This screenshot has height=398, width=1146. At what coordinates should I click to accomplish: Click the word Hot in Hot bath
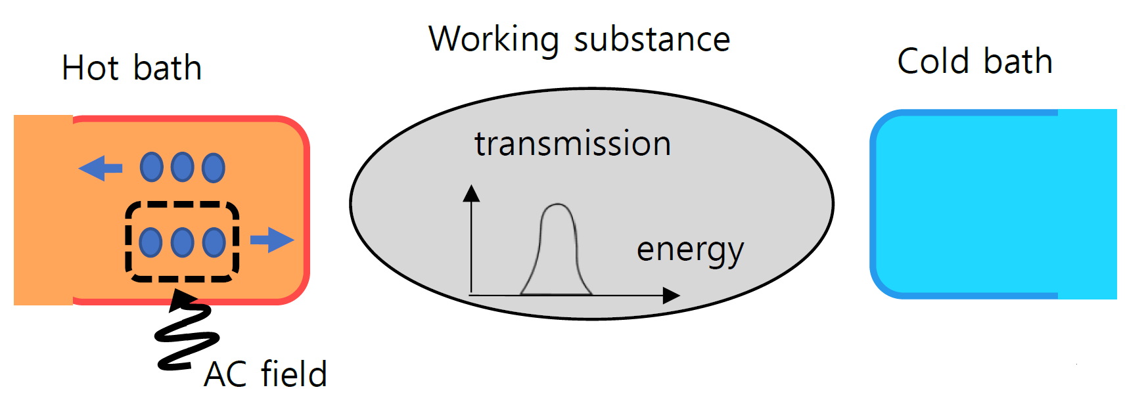click(91, 68)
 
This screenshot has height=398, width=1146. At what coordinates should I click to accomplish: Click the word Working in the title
click(494, 39)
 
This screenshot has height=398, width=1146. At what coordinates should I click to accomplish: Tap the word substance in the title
click(652, 39)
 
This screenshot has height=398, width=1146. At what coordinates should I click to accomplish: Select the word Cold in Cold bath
click(933, 62)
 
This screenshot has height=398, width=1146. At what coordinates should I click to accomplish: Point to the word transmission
click(572, 144)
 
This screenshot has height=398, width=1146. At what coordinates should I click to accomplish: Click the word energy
click(690, 250)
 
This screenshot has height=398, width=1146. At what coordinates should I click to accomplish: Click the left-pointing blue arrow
click(100, 168)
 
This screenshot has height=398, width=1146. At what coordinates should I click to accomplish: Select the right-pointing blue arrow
click(272, 240)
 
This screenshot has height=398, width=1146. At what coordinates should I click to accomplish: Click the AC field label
click(265, 374)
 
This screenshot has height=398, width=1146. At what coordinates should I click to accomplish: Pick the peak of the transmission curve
click(557, 205)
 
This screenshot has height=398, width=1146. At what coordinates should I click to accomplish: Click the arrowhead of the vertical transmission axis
click(471, 192)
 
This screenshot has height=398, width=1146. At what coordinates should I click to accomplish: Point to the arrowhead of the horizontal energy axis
click(671, 296)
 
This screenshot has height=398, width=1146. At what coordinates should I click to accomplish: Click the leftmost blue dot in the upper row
click(152, 167)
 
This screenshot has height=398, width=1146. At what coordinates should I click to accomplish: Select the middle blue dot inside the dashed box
click(182, 242)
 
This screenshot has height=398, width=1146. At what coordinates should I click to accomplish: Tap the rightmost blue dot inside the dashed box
click(214, 242)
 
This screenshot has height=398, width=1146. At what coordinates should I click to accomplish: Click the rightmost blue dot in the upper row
click(214, 167)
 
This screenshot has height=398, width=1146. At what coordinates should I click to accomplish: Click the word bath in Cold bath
click(1018, 62)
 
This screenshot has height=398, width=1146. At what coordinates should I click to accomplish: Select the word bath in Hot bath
click(167, 68)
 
